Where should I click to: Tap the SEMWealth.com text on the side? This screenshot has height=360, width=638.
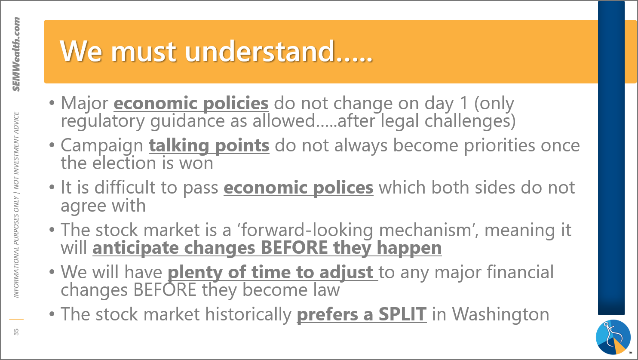[x=16, y=54]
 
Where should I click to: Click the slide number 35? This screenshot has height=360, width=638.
[x=16, y=332]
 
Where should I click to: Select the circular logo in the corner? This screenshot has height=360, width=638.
[x=613, y=337]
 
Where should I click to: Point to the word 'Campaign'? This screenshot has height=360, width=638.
[x=102, y=146]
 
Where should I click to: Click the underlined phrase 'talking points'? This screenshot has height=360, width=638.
[x=209, y=146]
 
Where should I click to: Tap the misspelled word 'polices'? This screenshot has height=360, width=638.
[x=343, y=188]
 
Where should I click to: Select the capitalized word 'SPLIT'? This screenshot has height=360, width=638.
[x=402, y=314]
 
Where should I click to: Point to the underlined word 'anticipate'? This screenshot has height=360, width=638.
[x=135, y=248]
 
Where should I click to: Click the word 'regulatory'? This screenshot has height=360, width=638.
[x=103, y=121]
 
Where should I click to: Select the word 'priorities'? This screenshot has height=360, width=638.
[x=500, y=146]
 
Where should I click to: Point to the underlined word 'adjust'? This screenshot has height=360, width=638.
[x=346, y=273]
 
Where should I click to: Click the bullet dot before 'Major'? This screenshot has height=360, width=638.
[x=52, y=103]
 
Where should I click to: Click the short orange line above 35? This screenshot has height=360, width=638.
[x=16, y=319]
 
